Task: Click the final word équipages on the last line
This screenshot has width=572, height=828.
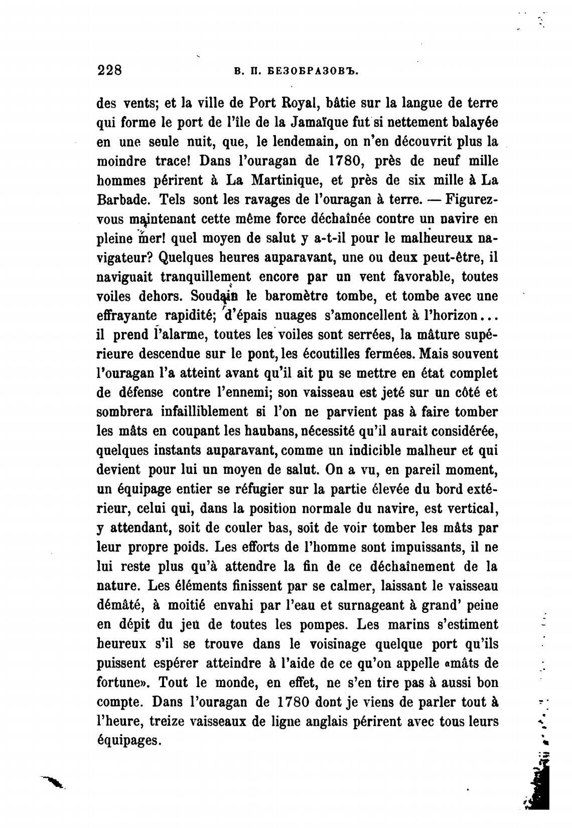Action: [x=128, y=741]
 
